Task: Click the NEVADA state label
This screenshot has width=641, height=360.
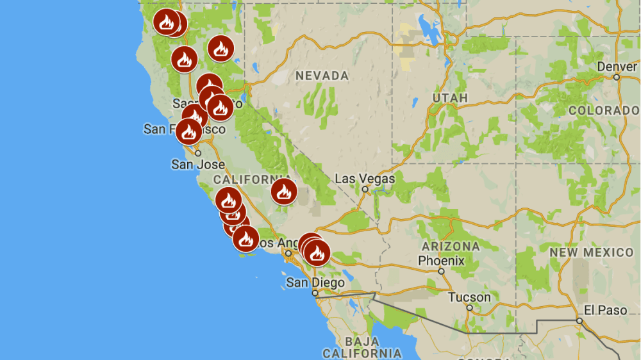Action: point(322,76)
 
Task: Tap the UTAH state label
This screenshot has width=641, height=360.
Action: point(450,98)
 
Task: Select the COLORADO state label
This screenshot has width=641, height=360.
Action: point(603,110)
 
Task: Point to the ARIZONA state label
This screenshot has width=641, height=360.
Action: point(450,247)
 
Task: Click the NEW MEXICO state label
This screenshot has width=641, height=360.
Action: point(591,252)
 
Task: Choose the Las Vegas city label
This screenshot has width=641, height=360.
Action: point(365,178)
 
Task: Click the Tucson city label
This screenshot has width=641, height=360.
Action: point(469,297)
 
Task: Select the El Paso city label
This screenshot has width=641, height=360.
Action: point(606,310)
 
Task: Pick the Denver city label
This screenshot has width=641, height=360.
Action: point(617,67)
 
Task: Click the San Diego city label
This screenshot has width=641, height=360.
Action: point(315,282)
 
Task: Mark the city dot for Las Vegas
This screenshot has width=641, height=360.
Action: point(365,189)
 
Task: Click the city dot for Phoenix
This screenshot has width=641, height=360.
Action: point(441,272)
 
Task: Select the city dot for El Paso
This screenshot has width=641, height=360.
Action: point(579,321)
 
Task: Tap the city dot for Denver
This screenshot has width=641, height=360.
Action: point(617,78)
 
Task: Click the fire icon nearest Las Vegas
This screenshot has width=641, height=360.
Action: point(284,191)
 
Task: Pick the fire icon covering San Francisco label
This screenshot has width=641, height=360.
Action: point(188,131)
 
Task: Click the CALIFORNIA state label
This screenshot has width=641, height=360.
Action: point(252,179)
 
